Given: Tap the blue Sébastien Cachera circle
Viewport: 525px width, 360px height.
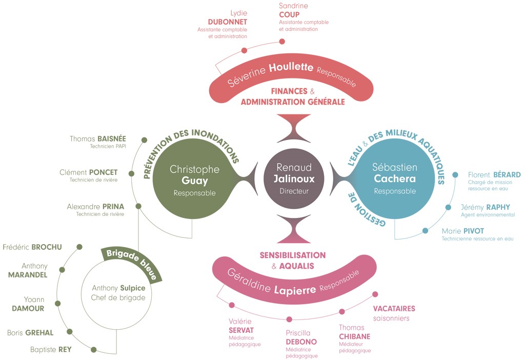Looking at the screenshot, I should pyautogui.click(x=395, y=179).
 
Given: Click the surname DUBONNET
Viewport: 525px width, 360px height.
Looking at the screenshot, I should pyautogui.click(x=228, y=22).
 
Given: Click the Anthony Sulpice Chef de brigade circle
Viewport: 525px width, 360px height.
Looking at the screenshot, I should pyautogui.click(x=118, y=293).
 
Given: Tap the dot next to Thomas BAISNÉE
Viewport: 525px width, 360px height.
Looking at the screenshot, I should pyautogui.click(x=145, y=139).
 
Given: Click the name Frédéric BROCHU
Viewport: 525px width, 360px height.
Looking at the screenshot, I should pyautogui.click(x=32, y=247).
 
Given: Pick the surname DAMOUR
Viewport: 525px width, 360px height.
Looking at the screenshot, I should pyautogui.click(x=28, y=309).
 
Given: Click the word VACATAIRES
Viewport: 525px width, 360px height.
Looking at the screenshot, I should pyautogui.click(x=394, y=309).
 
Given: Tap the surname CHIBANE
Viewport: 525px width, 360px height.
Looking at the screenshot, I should pyautogui.click(x=355, y=336).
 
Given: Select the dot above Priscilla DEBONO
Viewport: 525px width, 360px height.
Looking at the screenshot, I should pyautogui.click(x=289, y=319).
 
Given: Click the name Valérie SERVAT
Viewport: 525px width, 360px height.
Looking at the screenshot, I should pyautogui.click(x=241, y=326).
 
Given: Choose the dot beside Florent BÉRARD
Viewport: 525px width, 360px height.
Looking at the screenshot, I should pyautogui.click(x=455, y=175).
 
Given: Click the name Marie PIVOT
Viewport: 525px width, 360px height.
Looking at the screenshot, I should pyautogui.click(x=462, y=231).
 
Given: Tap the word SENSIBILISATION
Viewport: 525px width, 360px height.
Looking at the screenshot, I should pyautogui.click(x=292, y=255).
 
